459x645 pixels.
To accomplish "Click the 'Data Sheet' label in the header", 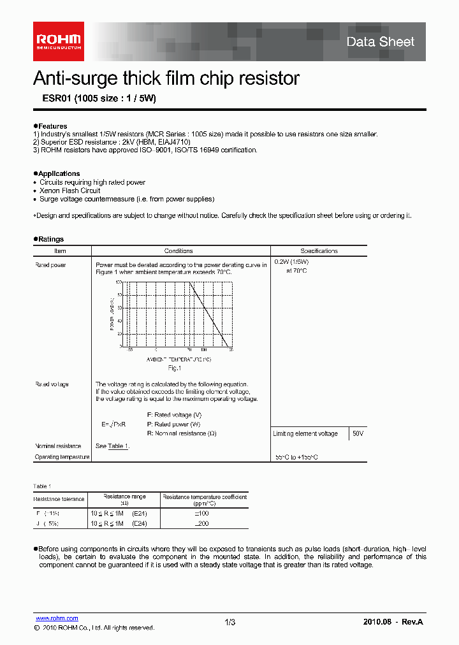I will (x=380, y=42).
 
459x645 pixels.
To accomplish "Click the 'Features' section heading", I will (x=51, y=126).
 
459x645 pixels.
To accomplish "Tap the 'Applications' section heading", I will (x=58, y=173).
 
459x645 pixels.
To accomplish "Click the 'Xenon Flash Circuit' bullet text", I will (x=69, y=191).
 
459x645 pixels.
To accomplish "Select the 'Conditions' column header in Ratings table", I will (x=178, y=251).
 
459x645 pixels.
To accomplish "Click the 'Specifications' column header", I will (x=319, y=251).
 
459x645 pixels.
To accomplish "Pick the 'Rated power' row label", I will (x=50, y=265).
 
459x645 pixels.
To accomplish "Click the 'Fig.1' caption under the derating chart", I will (x=175, y=368).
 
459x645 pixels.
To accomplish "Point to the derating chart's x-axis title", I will (x=179, y=359).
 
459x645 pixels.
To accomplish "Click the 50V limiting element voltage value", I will (x=358, y=433).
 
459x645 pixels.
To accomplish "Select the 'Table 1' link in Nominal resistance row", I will (x=118, y=446).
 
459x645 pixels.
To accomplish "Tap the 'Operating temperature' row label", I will (x=62, y=457).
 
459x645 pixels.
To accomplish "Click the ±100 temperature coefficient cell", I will (x=202, y=512).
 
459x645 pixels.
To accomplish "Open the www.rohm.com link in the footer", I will (x=57, y=618).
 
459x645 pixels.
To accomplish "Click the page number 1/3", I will (x=230, y=622).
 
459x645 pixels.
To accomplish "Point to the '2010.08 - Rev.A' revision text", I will (x=393, y=621).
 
